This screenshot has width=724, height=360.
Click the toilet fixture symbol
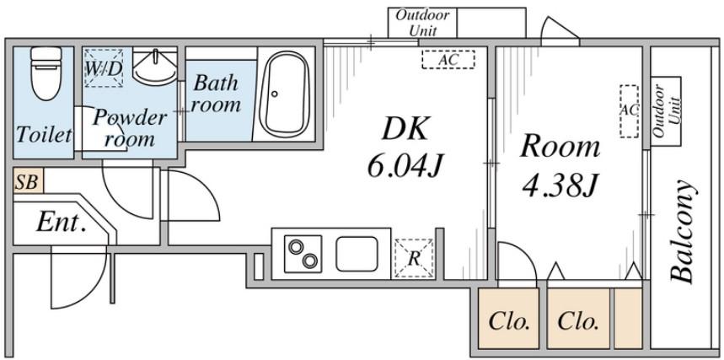tap(46, 73)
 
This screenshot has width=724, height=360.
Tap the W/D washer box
tap(104, 68)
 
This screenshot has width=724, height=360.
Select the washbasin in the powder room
tap(155, 67)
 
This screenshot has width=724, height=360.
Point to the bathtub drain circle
tap(275, 94)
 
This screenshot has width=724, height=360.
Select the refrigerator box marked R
tap(414, 258)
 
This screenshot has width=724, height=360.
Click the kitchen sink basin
tap(357, 254)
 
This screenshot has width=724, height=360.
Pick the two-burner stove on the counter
tap(303, 253)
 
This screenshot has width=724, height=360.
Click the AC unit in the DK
tap(448, 60)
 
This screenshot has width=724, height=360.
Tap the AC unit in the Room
tap(629, 111)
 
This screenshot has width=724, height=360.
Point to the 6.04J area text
tap(405, 165)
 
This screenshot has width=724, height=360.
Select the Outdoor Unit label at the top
tap(422, 23)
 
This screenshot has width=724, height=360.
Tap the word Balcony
tap(683, 231)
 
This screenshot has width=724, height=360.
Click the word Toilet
tap(44, 135)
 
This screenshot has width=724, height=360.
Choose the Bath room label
tap(216, 94)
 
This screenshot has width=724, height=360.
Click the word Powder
tap(129, 117)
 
